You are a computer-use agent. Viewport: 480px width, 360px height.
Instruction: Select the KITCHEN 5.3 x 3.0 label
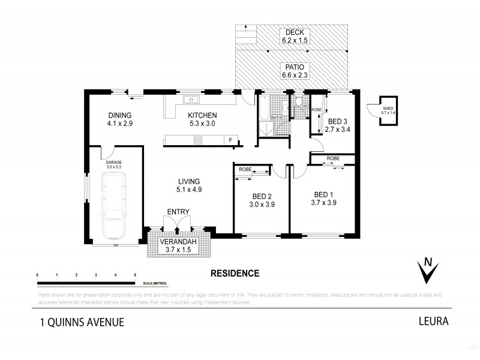click(x=202, y=119)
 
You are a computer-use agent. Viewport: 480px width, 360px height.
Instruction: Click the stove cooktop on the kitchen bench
click(x=197, y=140)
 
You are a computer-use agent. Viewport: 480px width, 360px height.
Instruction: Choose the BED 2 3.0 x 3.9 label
click(x=262, y=200)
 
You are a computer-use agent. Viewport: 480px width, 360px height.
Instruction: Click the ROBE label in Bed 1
click(x=333, y=159)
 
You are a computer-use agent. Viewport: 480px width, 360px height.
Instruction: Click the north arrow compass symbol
click(x=427, y=270)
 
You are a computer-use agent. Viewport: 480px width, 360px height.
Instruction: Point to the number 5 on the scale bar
click(x=134, y=274)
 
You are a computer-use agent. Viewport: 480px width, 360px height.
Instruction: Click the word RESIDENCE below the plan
click(x=235, y=273)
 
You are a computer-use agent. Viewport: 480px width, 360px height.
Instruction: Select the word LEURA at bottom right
click(x=433, y=321)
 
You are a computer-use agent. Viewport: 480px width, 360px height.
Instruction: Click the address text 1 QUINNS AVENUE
click(x=82, y=322)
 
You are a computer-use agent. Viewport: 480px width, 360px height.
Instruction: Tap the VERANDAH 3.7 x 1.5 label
click(x=178, y=246)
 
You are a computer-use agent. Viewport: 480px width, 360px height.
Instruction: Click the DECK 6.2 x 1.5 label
click(x=295, y=37)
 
